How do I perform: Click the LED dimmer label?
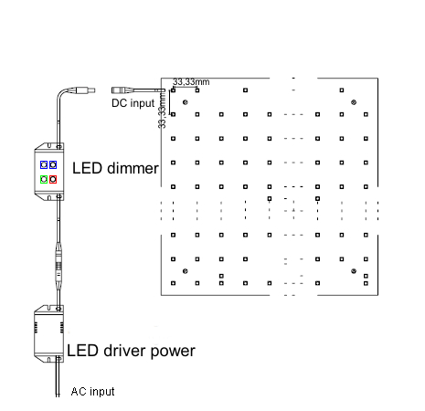pos(115,168)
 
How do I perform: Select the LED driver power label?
pos(131,350)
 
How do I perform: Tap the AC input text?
pos(93,392)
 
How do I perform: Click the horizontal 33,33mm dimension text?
pos(191,82)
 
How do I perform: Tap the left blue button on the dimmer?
pos(43,164)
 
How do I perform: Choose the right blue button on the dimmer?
pos(54,164)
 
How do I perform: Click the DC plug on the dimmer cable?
pos(84,90)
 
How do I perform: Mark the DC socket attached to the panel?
pos(122,90)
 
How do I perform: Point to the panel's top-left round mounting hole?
pos(185,102)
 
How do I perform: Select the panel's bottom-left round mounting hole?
pos(185,271)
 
